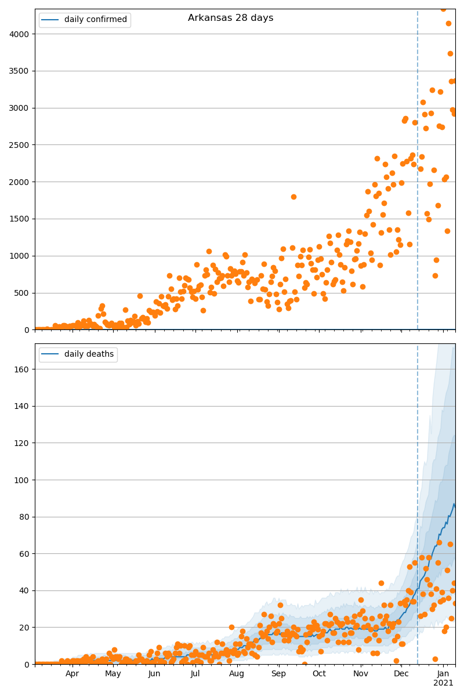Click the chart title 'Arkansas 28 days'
230,18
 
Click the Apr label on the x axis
72,674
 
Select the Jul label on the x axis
195,674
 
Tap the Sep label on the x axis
278,674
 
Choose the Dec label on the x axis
401,674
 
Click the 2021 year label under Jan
443,683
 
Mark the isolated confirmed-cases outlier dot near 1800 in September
293,197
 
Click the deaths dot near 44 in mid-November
381,583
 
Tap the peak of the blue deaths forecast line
454,504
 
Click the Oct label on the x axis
319,674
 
